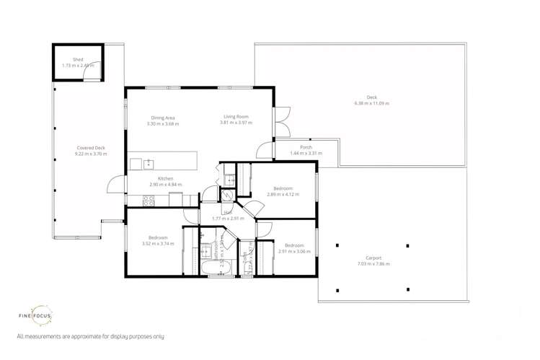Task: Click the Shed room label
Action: point(78,60)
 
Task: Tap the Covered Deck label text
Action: point(91,148)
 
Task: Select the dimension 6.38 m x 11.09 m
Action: point(371,103)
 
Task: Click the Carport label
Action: point(373,258)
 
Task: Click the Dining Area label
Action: point(163,118)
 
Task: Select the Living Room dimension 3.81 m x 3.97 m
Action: point(236,123)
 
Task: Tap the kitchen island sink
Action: point(149,164)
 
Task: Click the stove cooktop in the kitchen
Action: point(149,201)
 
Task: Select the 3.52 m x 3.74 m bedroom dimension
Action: point(158,244)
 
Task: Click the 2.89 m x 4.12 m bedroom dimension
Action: point(281,194)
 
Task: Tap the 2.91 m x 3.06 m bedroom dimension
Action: point(293,251)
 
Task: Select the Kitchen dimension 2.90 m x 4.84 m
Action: point(165,185)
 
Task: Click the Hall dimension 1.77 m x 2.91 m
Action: point(227,218)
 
